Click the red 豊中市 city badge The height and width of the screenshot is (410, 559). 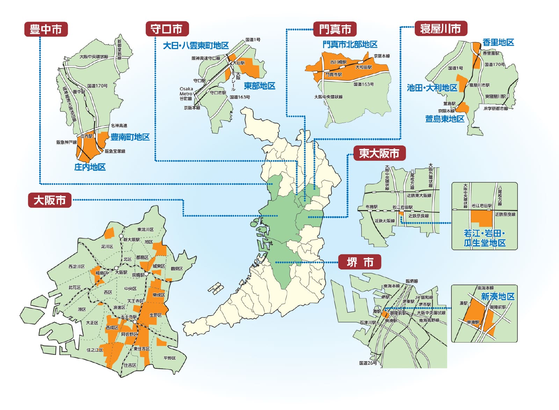point(46,29)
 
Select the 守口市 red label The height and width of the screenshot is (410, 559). point(167,29)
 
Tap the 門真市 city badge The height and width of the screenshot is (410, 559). point(335,29)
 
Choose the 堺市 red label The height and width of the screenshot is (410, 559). point(360,262)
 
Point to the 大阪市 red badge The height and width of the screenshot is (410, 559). point(50,200)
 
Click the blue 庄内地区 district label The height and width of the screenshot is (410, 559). point(90,167)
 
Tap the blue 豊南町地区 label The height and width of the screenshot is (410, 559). point(130,137)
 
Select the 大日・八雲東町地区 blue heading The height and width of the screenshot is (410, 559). point(196,45)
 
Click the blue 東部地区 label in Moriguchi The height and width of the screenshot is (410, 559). point(259,86)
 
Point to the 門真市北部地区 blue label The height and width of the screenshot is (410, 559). point(350,44)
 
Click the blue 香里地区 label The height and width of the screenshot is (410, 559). point(498,42)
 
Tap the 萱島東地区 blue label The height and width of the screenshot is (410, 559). point(444,119)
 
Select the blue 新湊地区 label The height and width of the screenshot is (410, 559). point(498,296)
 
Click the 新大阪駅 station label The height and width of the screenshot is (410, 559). point(131,239)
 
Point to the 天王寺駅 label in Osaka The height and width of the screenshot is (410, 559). point(129,317)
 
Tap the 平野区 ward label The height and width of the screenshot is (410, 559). point(169,358)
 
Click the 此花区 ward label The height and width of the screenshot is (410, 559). point(75,287)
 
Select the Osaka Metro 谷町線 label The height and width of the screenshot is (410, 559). point(186,94)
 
